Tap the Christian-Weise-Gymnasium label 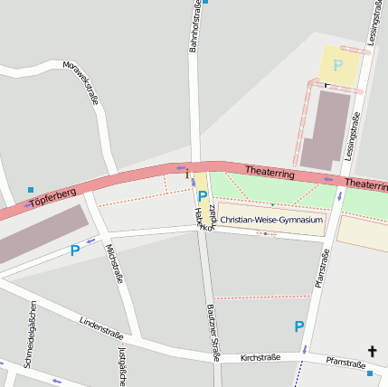click(x=271, y=220)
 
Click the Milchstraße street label click(x=113, y=263)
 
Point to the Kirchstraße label click(x=260, y=358)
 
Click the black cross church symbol click(x=371, y=351)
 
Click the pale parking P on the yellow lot click(x=338, y=65)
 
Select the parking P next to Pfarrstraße click(x=298, y=326)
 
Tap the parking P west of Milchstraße click(x=75, y=250)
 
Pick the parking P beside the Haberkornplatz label click(x=203, y=195)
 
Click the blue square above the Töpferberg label click(x=29, y=190)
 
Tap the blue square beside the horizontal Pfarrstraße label click(x=370, y=373)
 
